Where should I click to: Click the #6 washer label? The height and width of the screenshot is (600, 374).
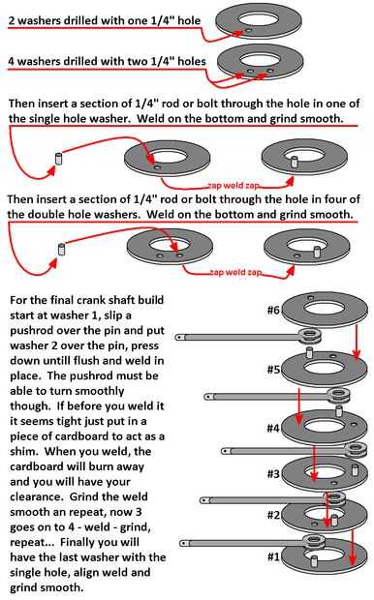(273, 310)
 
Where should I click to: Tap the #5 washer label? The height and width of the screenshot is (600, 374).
(273, 370)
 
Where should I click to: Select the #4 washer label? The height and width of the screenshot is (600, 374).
(273, 428)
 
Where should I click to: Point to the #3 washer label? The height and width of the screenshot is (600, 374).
(273, 474)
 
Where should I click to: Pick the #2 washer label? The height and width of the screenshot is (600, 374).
(273, 515)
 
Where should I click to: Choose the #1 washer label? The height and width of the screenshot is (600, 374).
(273, 556)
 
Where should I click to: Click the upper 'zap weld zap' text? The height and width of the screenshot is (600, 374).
(234, 186)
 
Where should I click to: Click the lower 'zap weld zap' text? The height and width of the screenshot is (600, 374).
(236, 272)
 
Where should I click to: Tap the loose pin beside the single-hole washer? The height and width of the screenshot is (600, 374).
(59, 159)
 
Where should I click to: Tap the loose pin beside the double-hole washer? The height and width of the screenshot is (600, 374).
(60, 249)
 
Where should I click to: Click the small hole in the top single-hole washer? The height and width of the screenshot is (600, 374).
(248, 30)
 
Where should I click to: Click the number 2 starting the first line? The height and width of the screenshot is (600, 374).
(12, 20)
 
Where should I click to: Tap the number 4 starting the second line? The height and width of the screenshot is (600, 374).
(12, 61)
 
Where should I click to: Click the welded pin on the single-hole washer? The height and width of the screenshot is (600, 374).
(295, 162)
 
